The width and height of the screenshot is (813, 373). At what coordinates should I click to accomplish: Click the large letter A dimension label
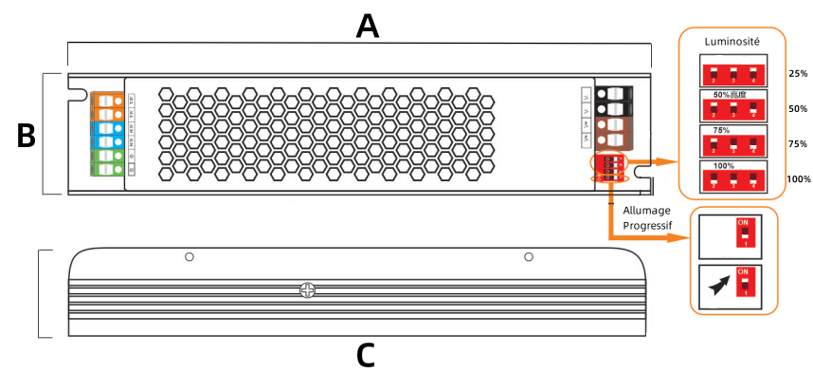[x=367, y=26]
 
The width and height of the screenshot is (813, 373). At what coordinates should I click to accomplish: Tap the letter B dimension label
[x=27, y=136]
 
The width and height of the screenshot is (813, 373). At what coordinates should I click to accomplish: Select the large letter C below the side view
[x=366, y=355]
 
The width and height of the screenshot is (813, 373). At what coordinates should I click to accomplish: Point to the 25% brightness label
[x=798, y=73]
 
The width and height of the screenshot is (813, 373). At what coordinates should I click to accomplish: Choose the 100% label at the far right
[x=798, y=179]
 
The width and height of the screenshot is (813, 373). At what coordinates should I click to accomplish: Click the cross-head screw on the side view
[x=306, y=290]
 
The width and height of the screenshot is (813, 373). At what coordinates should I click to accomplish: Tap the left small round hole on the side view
[x=190, y=257]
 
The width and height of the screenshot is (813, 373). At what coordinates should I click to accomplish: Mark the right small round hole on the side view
[x=529, y=257]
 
